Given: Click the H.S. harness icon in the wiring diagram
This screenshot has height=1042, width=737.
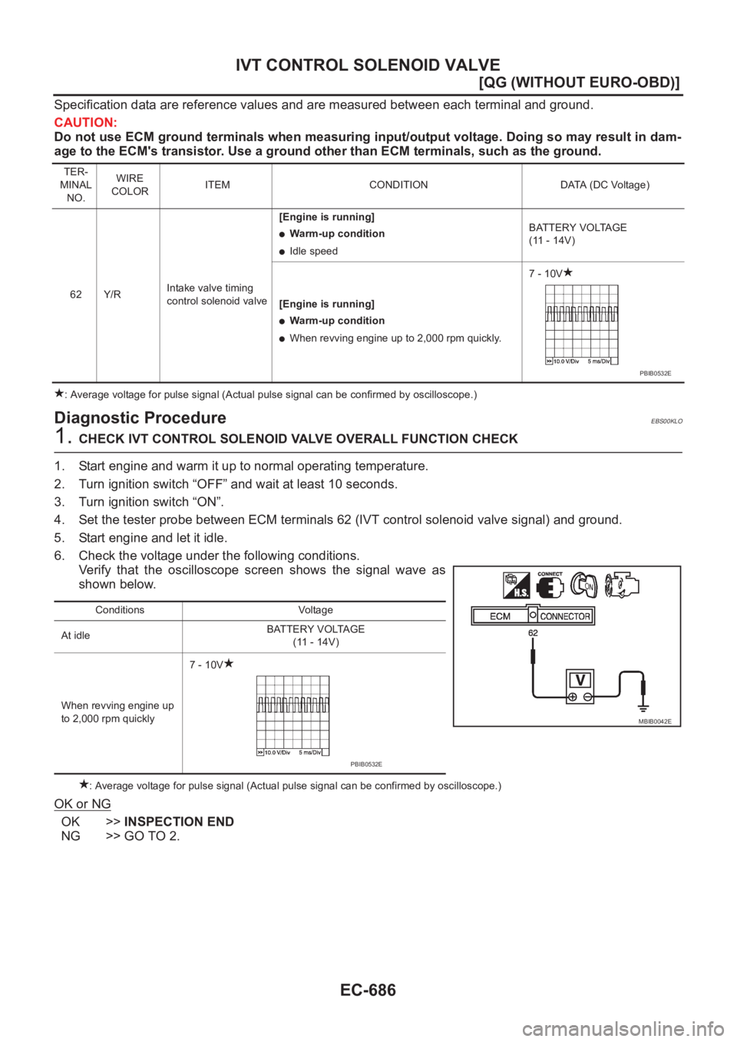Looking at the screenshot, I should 516,585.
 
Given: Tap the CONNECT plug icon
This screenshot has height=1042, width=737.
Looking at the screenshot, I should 550,586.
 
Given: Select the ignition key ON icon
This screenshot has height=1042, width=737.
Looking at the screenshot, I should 585,585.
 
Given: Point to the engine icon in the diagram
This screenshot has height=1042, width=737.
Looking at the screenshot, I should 622,585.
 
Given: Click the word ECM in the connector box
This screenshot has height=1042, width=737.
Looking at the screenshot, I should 500,616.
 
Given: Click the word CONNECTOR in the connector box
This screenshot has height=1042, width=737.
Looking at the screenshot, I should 565,616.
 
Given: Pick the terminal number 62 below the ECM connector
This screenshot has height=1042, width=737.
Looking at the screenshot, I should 533,633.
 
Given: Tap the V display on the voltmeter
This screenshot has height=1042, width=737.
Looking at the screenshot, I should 580,680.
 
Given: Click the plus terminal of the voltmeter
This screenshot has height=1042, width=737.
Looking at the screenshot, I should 572,697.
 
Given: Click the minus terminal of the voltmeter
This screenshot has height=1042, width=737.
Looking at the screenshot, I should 587,697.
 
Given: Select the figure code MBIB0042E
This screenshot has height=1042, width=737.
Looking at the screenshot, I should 655,721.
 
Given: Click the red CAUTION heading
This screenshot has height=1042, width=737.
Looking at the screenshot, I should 85,123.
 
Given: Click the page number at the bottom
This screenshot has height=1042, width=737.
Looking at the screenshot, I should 368,990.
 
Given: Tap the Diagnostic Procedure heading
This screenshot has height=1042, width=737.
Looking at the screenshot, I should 140,417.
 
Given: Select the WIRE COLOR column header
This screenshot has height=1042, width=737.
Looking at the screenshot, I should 129,185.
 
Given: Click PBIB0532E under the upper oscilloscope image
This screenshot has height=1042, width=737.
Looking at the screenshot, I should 655,373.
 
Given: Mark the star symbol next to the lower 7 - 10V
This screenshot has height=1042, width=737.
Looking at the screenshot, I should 229,663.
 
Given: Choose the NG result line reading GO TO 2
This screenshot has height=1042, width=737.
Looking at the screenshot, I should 121,836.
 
